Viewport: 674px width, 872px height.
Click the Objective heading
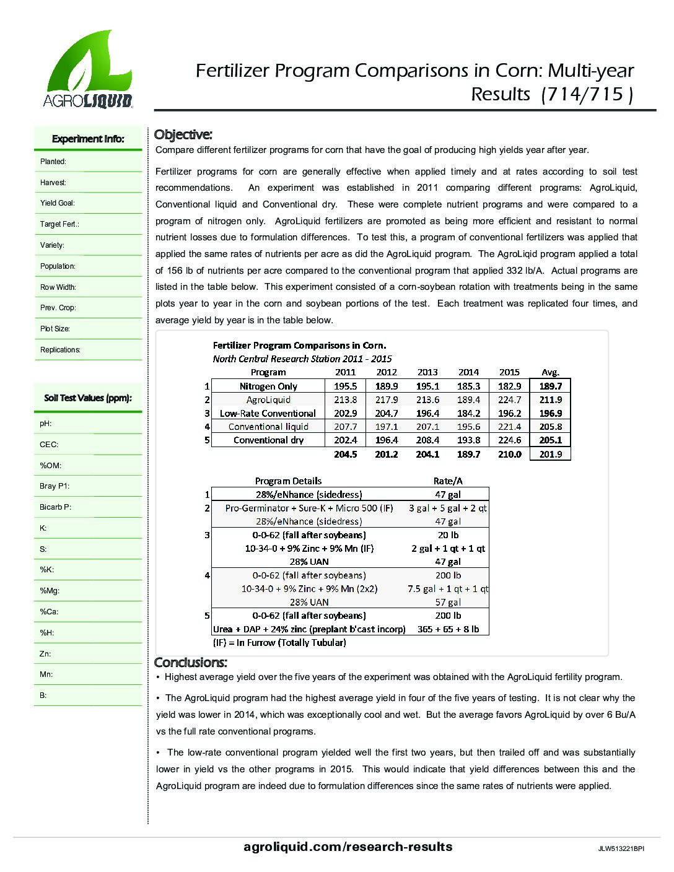click(183, 134)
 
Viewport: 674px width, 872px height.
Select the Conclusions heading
click(190, 662)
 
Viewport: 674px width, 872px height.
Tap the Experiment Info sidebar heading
click(88, 139)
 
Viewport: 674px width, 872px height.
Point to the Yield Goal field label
click(58, 203)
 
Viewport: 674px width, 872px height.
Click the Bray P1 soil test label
click(55, 486)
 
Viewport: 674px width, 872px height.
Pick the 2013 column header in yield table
click(427, 372)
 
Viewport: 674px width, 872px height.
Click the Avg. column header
click(550, 372)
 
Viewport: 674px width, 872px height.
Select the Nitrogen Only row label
click(268, 386)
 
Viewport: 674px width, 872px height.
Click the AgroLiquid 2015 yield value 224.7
click(509, 399)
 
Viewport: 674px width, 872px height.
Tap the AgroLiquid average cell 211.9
click(550, 399)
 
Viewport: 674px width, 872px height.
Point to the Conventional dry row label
click(268, 440)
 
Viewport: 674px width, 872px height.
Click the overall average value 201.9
click(550, 454)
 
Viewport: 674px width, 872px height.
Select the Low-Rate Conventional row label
click(268, 413)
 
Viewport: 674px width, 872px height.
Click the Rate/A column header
click(447, 481)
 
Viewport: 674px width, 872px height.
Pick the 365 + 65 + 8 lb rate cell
click(447, 629)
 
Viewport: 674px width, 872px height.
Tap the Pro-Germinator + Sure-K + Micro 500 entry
click(309, 508)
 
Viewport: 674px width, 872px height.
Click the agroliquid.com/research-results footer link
click(348, 847)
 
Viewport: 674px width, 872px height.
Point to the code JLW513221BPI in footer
click(621, 849)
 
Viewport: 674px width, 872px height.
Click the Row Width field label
click(58, 287)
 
